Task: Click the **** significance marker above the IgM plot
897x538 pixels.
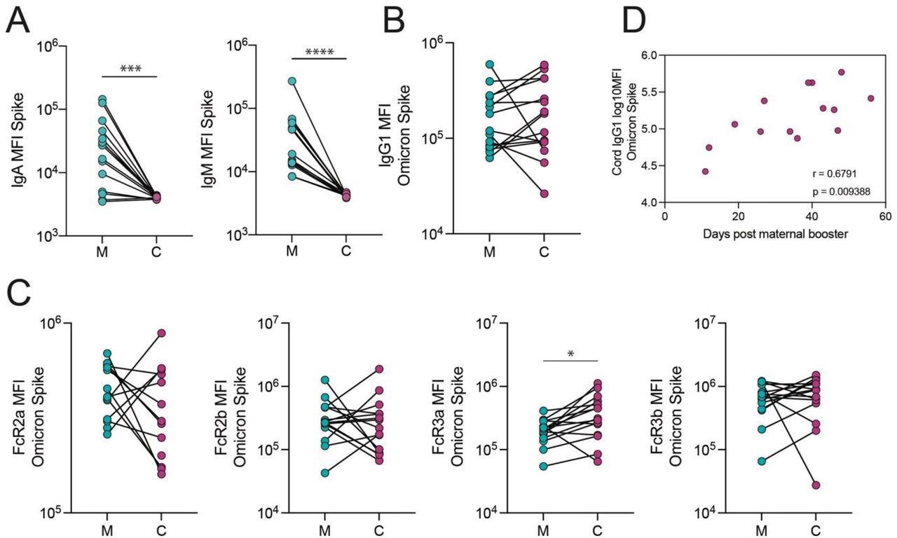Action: point(319,51)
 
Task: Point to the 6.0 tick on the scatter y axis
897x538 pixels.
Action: point(649,55)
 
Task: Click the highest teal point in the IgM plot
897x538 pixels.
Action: point(292,81)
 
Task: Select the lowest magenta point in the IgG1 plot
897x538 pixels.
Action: point(543,193)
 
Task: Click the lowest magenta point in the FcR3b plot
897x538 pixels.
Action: point(816,485)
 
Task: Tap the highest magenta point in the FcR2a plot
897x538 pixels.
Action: point(162,333)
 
